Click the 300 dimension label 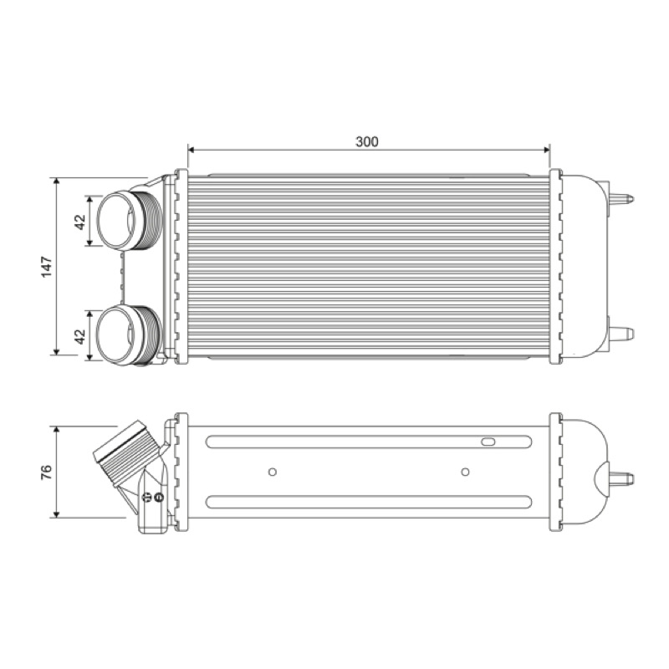point(367,141)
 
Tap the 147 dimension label point(47,267)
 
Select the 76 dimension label point(47,472)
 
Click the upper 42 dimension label point(80,222)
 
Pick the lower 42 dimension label point(80,337)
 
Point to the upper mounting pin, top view point(621,199)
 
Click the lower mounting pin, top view point(622,334)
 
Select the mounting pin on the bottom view point(622,478)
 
